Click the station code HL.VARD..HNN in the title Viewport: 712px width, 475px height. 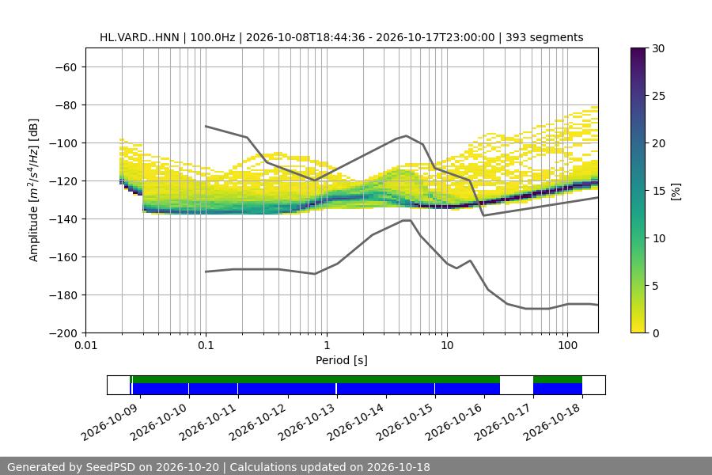[x=139, y=37]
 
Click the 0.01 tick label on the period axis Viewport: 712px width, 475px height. [x=85, y=345]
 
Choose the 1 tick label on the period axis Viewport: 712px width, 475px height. [x=327, y=345]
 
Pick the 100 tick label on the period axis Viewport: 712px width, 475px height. [x=567, y=345]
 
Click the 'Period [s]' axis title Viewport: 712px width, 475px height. [x=342, y=360]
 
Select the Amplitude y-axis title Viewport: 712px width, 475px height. [x=33, y=190]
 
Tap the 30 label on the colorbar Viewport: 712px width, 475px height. [x=658, y=48]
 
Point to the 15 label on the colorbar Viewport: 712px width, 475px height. [x=658, y=191]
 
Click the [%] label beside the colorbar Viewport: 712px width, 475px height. [x=676, y=192]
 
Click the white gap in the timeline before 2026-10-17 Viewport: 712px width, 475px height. [x=517, y=386]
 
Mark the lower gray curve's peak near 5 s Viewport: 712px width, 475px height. [x=407, y=220]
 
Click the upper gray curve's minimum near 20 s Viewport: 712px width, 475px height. [x=483, y=215]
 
